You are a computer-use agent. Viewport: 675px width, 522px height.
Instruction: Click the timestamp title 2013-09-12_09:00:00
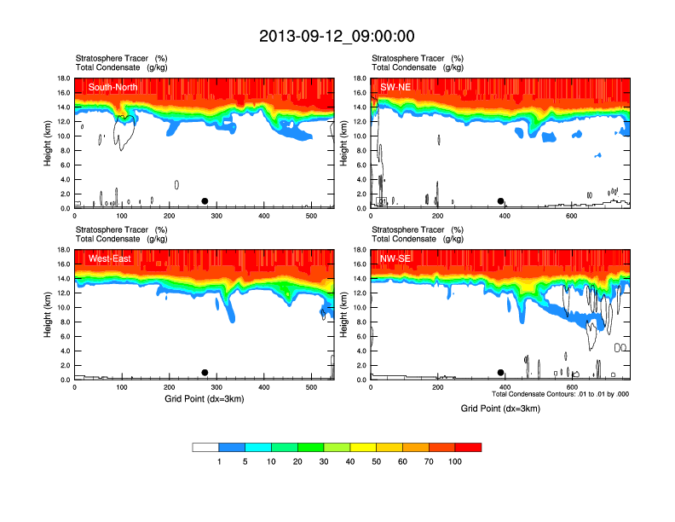click(x=337, y=36)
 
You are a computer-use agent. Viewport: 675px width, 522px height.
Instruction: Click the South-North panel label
click(x=115, y=87)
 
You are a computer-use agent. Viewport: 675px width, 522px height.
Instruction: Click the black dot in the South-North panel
click(x=205, y=201)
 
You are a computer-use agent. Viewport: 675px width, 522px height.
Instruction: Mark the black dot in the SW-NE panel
click(x=501, y=201)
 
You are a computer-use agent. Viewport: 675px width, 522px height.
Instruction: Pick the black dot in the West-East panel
click(x=205, y=373)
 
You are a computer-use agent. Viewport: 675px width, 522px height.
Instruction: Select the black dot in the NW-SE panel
click(x=501, y=373)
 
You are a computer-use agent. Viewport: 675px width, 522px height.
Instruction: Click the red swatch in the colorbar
click(x=468, y=447)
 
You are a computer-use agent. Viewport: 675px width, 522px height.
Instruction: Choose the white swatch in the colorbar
click(x=205, y=447)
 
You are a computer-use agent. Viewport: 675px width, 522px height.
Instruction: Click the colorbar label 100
click(x=455, y=461)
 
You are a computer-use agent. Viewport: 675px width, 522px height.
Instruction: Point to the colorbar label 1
click(x=219, y=461)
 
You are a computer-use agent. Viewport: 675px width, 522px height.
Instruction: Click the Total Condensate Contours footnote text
click(x=560, y=394)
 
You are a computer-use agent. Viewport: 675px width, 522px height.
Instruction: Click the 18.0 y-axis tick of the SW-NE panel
click(x=360, y=78)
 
